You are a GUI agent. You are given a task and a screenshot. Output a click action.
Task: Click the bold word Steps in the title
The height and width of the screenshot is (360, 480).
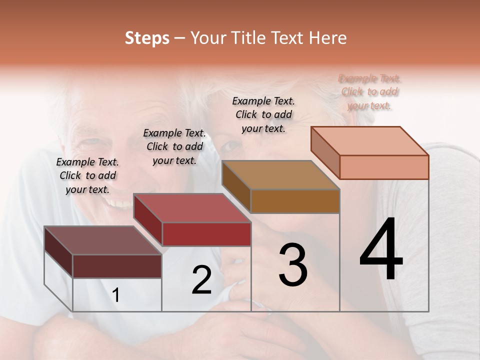147,38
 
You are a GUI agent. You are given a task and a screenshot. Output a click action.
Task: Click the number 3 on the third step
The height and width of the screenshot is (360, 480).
293,265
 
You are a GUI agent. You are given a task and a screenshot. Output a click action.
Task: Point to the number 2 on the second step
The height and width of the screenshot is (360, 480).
201,280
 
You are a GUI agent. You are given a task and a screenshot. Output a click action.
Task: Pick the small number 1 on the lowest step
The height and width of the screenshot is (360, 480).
116,295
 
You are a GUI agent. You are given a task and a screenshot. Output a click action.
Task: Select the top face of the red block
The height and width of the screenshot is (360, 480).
192,208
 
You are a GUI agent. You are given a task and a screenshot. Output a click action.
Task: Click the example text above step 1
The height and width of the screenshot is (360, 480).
87,175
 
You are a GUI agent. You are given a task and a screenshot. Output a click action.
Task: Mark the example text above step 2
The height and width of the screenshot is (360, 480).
174,146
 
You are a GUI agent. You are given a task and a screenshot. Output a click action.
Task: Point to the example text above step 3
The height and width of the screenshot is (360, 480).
263,114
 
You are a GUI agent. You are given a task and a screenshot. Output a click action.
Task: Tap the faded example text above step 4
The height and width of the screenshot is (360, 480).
369,91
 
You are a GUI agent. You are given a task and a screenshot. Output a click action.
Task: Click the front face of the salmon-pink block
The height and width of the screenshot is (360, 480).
384,167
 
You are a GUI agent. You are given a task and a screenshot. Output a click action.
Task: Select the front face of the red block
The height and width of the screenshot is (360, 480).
206,234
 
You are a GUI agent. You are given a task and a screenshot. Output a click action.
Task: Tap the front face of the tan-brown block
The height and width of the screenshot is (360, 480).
295,201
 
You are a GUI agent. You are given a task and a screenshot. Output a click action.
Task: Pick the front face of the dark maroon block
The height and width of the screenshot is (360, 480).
117,266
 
